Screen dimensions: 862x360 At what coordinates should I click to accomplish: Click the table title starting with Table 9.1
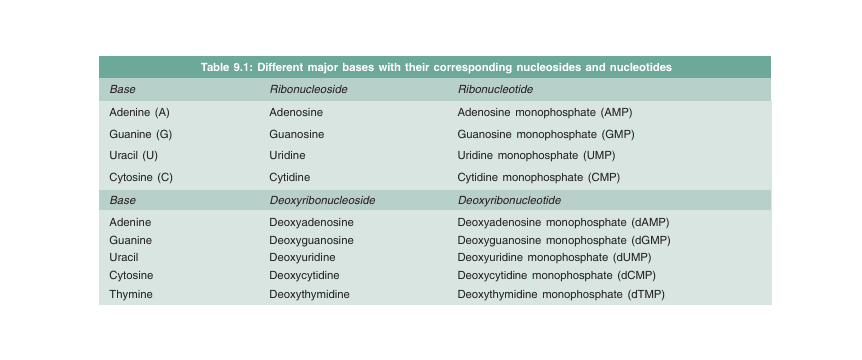[x=435, y=67]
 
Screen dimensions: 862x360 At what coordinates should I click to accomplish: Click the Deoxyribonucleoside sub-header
[x=322, y=200]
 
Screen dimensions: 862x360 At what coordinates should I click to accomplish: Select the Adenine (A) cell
[x=139, y=112]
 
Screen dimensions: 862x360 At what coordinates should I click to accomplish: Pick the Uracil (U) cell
[x=133, y=156]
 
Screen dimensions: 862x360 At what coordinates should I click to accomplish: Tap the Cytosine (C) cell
[x=141, y=177]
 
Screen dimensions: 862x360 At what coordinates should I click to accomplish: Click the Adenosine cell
[x=296, y=112]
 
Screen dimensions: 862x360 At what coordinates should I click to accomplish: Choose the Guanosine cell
[x=298, y=134]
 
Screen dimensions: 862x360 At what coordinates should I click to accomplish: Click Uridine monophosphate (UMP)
[x=545, y=156]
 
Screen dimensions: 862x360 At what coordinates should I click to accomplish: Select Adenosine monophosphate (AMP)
[x=545, y=112]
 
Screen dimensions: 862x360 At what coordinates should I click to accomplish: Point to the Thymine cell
[x=130, y=294]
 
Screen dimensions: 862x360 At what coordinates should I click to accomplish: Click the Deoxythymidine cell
[x=312, y=294]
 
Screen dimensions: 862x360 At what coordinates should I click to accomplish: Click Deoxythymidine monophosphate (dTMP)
[x=561, y=294]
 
